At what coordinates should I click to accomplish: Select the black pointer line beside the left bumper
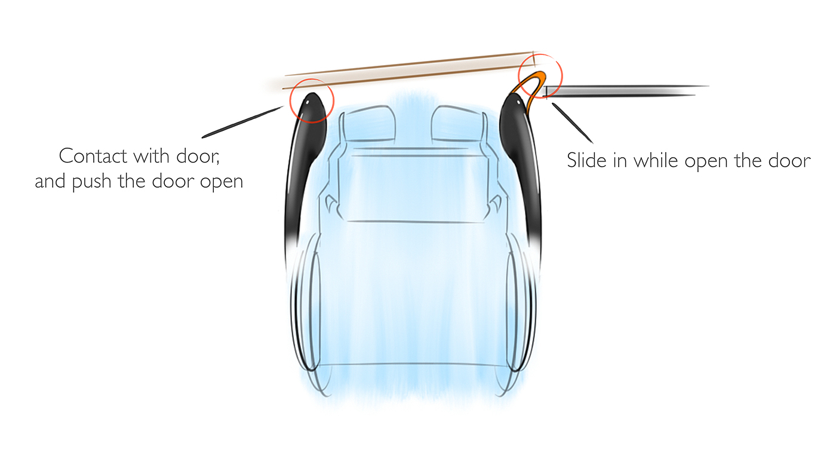[242, 122]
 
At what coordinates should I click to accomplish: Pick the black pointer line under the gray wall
[572, 123]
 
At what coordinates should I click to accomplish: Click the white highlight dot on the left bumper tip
[307, 102]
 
